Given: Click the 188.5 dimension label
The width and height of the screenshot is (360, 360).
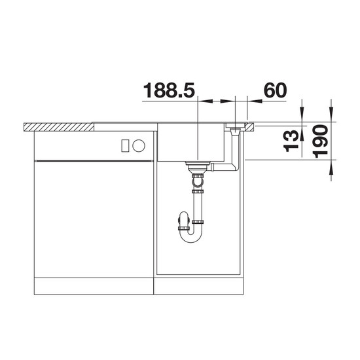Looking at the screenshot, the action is (170, 90).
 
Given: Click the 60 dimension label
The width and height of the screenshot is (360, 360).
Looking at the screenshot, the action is (276, 90).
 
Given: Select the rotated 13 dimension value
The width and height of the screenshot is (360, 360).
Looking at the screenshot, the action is (291, 141).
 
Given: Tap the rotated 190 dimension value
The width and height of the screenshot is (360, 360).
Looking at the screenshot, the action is (321, 141).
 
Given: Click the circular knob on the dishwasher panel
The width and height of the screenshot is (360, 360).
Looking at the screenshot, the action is (139, 145).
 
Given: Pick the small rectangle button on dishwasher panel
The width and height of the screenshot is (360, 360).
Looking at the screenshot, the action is (125, 145).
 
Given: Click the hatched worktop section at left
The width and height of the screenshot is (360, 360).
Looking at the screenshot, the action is (59, 127).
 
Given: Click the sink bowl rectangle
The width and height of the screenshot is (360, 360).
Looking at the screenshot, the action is (190, 142).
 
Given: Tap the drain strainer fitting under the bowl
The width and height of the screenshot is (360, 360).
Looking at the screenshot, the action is (198, 167).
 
